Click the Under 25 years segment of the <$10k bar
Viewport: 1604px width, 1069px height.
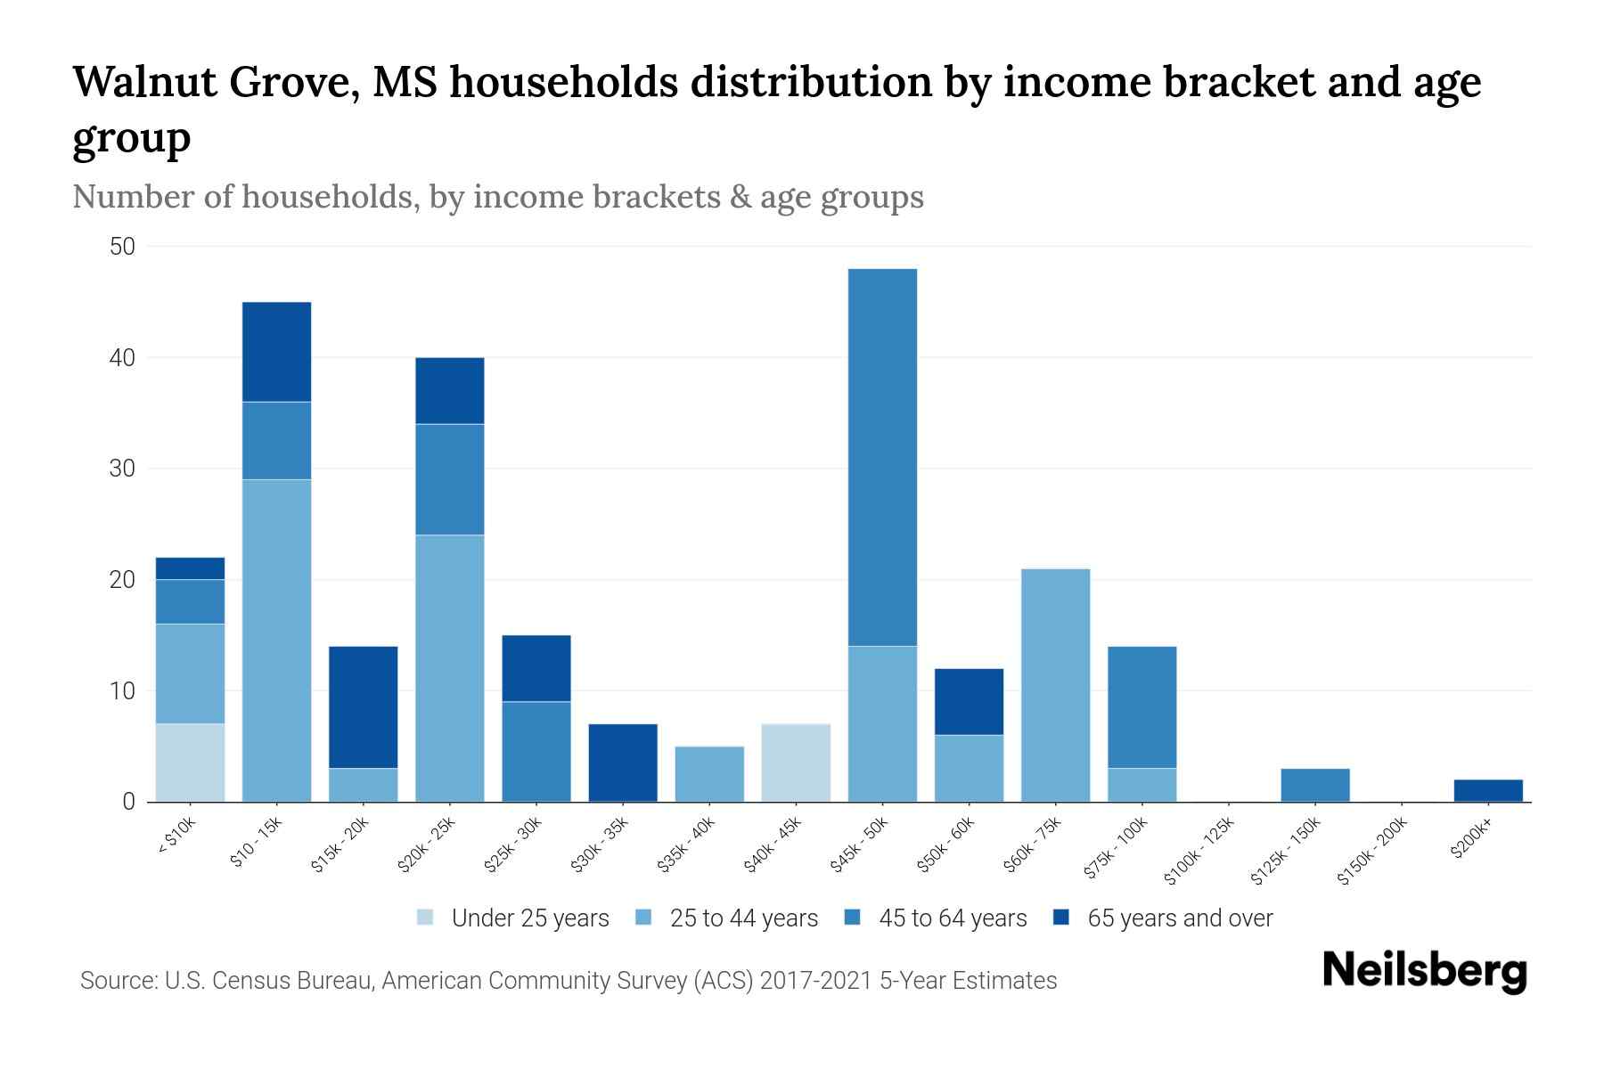(x=190, y=763)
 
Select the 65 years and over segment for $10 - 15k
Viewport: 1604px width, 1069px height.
(x=276, y=352)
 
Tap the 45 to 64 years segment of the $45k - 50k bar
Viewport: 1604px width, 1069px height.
(x=882, y=457)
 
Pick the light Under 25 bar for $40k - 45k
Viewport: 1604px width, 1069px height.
(x=796, y=763)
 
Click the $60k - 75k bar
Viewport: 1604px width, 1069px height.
(x=1055, y=685)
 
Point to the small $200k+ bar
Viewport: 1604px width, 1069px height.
(x=1488, y=791)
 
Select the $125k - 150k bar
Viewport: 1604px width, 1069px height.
(x=1314, y=785)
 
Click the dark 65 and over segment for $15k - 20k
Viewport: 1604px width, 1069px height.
(x=363, y=707)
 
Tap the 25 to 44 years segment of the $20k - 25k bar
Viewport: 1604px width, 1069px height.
(x=450, y=668)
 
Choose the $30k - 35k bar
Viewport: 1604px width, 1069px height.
(x=623, y=763)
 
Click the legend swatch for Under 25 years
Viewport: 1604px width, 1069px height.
(x=425, y=918)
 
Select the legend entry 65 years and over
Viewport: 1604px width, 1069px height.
(x=1179, y=918)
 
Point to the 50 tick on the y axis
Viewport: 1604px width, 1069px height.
(x=122, y=247)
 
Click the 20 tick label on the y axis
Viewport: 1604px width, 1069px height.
(x=122, y=580)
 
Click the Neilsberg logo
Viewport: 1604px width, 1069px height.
(x=1424, y=971)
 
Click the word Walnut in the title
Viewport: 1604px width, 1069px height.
(x=144, y=83)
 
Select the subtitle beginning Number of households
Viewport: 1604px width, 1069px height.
(x=497, y=197)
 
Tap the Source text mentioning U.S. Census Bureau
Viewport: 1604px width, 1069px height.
(x=568, y=981)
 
